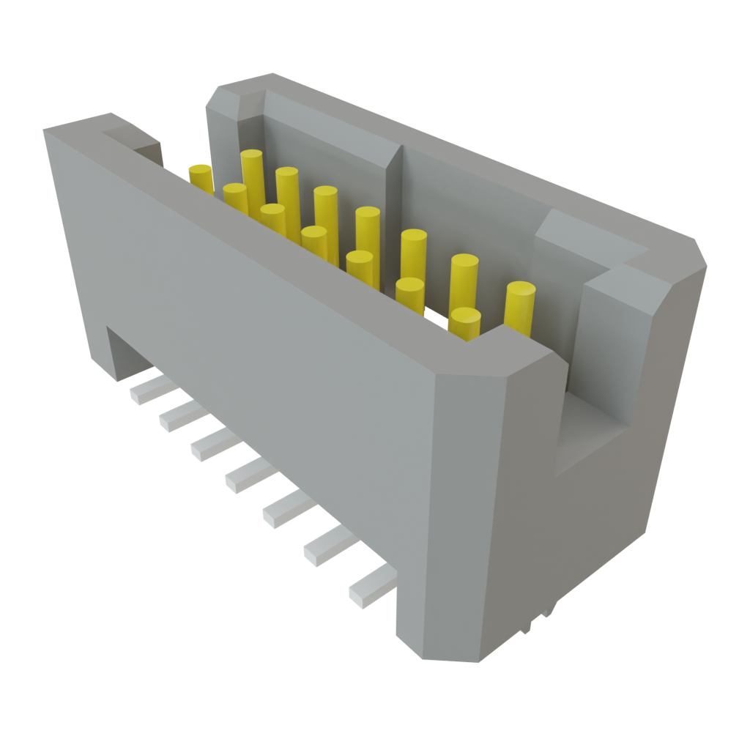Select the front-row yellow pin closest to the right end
click(x=464, y=322)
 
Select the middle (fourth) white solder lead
click(x=249, y=477)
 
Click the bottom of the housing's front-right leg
click(x=439, y=648)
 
